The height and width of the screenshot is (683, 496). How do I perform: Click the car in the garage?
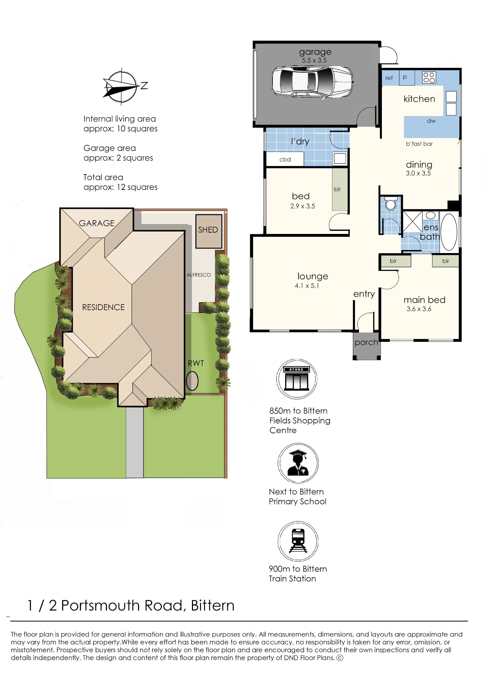click(x=313, y=82)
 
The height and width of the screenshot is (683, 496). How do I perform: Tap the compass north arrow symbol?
click(x=122, y=86)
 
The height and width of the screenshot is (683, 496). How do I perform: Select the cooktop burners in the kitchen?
click(x=429, y=78)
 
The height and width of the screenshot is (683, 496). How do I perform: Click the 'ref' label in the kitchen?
click(x=389, y=78)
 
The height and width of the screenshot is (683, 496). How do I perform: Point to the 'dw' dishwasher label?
click(x=431, y=121)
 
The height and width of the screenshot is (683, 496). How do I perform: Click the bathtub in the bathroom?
click(x=449, y=232)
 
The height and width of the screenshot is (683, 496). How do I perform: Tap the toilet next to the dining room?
click(x=390, y=203)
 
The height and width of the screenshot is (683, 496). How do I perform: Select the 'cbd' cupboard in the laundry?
click(x=285, y=159)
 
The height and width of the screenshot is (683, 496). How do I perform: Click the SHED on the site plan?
click(x=209, y=231)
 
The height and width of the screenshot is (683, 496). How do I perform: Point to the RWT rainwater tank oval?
click(x=192, y=380)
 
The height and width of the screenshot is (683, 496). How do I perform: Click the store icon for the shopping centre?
click(x=297, y=379)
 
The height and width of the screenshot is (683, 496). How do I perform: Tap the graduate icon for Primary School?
click(x=298, y=463)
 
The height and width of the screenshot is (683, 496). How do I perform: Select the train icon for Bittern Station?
click(x=298, y=541)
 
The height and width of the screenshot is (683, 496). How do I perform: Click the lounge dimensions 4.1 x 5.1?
click(x=307, y=286)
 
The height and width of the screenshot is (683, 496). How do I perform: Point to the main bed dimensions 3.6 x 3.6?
click(x=419, y=309)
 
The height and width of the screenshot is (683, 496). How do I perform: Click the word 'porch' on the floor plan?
click(x=366, y=343)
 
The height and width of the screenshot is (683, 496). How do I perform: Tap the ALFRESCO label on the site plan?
click(x=198, y=275)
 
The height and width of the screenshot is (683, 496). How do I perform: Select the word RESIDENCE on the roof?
click(x=104, y=307)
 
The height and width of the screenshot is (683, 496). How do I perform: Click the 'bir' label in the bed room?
click(x=337, y=189)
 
